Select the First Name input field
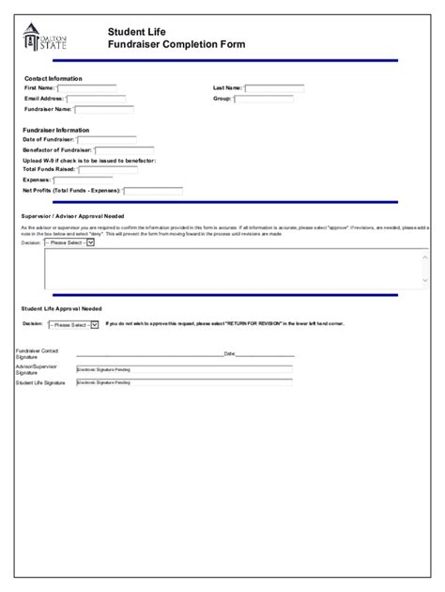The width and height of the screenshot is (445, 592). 86,89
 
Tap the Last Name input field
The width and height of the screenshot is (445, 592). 274,89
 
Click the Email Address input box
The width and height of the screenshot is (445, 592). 97,99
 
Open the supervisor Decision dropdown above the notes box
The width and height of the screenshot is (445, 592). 69,242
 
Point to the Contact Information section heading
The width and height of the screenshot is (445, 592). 53,78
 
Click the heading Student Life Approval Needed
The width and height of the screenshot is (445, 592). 61,308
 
